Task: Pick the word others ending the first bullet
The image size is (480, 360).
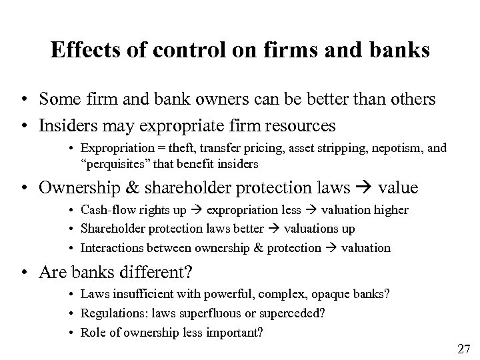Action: tap(415, 99)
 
